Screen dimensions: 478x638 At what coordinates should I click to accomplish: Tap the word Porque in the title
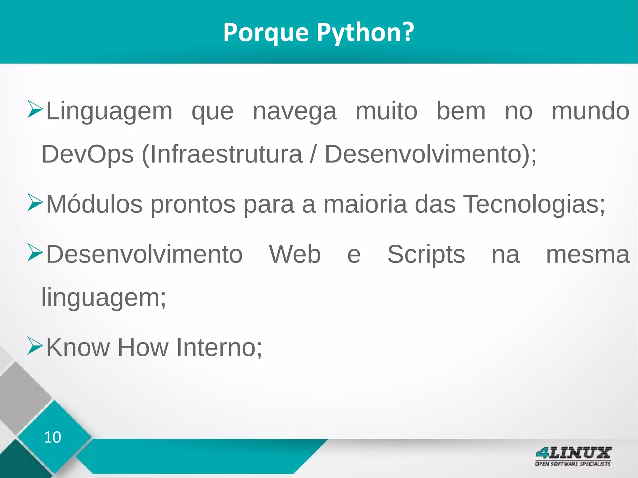[x=266, y=33]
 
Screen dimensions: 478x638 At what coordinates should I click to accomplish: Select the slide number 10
[x=52, y=437]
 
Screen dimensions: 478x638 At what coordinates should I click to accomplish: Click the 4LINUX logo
[x=573, y=456]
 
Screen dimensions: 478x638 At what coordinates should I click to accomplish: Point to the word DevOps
[x=88, y=154]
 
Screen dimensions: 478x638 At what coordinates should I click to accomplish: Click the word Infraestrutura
[x=222, y=154]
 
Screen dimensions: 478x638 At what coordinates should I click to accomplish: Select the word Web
[x=295, y=254]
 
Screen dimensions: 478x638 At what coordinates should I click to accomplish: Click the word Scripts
[x=426, y=254]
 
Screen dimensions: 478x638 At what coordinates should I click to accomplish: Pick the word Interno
[x=219, y=348]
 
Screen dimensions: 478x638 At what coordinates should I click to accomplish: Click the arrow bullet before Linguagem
[x=35, y=109]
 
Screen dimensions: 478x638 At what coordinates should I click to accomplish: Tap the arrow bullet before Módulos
[x=35, y=202]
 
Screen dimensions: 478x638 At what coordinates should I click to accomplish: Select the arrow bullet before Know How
[x=35, y=346]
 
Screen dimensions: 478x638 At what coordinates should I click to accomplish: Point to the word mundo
[x=590, y=111]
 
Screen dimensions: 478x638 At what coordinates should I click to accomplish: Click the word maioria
[x=365, y=204]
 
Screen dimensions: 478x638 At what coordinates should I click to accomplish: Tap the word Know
[x=78, y=348]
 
